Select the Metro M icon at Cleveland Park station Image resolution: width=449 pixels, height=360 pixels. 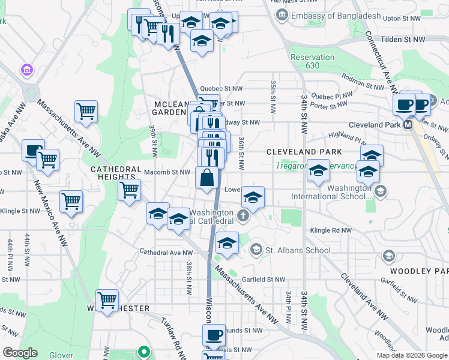coord(408,125)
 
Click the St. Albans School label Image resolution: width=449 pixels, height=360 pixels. coord(297,250)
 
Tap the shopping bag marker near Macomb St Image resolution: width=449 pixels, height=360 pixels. coord(206,178)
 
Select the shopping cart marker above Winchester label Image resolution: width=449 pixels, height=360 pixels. coord(107,301)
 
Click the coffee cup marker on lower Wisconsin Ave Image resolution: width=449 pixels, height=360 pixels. coord(213,335)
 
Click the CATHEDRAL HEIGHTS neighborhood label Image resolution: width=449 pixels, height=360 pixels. coord(116,173)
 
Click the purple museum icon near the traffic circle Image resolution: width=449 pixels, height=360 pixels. coord(27,71)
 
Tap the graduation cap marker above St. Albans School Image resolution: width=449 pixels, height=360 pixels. coord(227,242)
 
